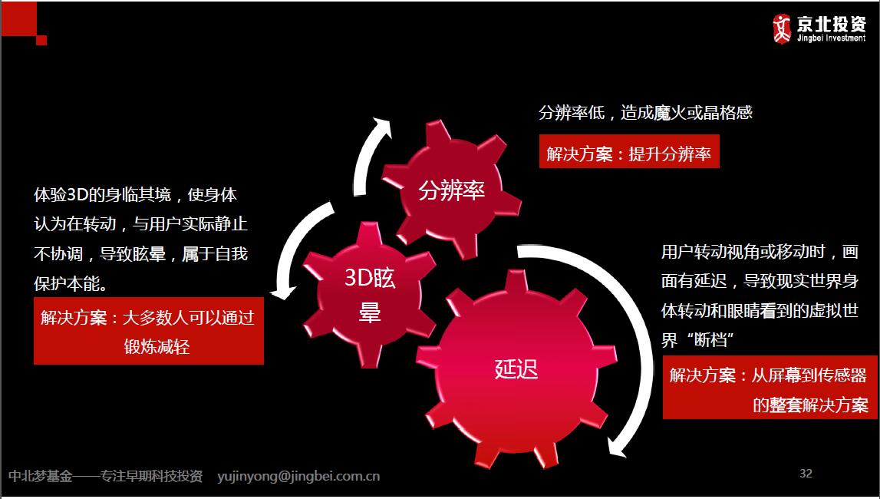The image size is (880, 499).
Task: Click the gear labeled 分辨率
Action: [x=451, y=191]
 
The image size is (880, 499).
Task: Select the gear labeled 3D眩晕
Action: [x=369, y=295]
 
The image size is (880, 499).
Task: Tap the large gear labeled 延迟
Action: [x=516, y=369]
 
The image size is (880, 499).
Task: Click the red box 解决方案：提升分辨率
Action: [x=629, y=151]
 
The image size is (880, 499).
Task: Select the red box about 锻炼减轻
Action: [x=149, y=331]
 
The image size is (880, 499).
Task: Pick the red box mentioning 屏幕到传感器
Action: [x=770, y=387]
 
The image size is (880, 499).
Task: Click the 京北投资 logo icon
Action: [x=781, y=28]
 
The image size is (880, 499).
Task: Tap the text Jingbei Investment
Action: [x=831, y=38]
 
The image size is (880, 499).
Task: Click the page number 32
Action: [x=806, y=474]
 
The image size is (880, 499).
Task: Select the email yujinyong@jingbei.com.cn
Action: [x=298, y=477]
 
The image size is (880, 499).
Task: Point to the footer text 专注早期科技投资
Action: [x=150, y=477]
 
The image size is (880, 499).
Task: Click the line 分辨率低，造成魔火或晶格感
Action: [x=645, y=113]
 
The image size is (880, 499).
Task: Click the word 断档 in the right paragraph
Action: [x=710, y=340]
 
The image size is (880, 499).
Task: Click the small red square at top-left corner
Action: [x=41, y=40]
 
